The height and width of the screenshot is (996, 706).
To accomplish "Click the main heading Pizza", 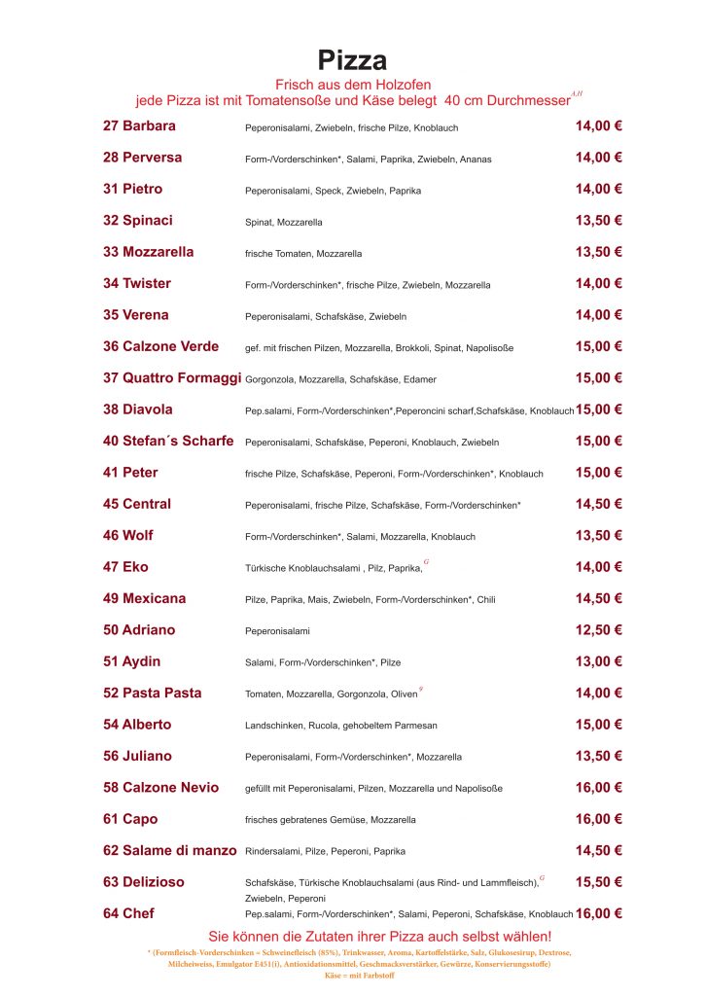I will [352, 60].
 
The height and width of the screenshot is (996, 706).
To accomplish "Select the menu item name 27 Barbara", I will [139, 125].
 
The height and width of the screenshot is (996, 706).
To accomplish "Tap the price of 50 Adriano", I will [598, 629].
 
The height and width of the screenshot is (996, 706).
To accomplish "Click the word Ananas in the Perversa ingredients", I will [476, 160].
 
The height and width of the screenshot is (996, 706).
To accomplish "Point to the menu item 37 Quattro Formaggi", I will [171, 377].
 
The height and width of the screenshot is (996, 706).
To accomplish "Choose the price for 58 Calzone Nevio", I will [598, 787].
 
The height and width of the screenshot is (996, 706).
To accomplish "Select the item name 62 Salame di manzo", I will [169, 850].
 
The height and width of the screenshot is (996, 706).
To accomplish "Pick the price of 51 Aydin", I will [598, 661].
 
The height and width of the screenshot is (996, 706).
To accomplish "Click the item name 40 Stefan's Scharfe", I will [168, 441].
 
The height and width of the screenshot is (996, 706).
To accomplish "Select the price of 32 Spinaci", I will [598, 220].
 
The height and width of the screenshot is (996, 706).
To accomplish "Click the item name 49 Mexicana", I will [144, 598].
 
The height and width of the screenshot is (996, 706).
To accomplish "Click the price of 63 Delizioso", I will [598, 881].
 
